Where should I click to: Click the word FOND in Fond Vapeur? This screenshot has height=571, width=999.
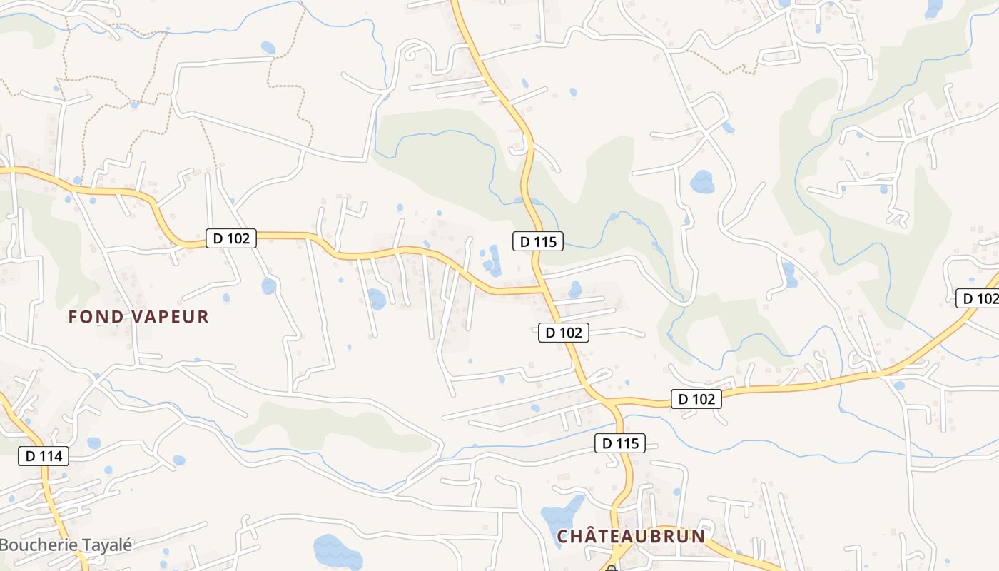(96, 317)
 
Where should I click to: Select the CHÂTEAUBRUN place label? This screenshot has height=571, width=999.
(631, 537)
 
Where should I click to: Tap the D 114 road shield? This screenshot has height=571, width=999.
(44, 456)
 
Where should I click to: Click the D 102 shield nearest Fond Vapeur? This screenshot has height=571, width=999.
(231, 238)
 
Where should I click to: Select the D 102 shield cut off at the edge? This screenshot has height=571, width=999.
(978, 298)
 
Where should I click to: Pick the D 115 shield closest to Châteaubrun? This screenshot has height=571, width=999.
(620, 443)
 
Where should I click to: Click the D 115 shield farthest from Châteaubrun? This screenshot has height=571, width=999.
(538, 241)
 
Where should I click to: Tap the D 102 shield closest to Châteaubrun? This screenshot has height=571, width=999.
(696, 399)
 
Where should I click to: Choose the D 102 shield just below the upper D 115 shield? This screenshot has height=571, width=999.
(564, 332)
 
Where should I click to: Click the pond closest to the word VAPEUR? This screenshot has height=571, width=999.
(268, 286)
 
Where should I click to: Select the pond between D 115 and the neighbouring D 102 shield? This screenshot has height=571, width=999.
(574, 289)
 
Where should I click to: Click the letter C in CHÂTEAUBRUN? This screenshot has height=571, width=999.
(563, 537)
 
